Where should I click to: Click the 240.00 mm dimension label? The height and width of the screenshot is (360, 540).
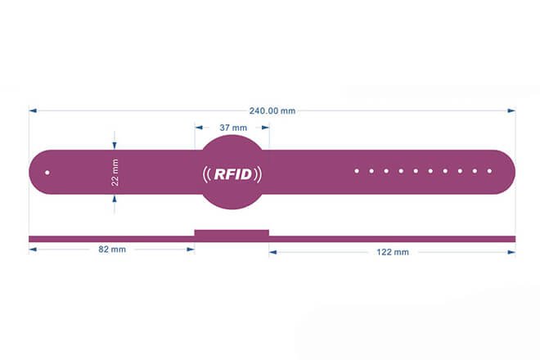click(272, 111)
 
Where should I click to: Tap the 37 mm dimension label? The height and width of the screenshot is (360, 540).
click(233, 128)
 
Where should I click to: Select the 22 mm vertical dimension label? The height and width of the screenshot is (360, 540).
click(115, 173)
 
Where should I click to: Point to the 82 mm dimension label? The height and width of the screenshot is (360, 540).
click(112, 250)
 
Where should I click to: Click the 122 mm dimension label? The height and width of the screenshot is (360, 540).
click(393, 252)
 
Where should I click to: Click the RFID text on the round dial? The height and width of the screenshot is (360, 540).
click(233, 174)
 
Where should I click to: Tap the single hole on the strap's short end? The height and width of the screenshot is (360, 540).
click(47, 173)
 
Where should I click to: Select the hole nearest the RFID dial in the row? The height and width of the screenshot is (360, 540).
click(357, 171)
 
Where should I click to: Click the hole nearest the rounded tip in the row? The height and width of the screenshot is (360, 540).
click(489, 171)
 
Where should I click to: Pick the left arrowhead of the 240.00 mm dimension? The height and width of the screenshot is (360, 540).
click(33, 110)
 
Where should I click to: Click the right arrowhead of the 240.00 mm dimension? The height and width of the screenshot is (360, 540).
click(511, 110)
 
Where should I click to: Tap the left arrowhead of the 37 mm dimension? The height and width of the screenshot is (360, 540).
click(199, 128)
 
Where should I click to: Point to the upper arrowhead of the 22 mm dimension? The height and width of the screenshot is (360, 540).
click(115, 145)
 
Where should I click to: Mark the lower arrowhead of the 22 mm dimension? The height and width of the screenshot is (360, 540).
click(115, 199)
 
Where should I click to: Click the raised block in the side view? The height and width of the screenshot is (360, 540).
click(232, 233)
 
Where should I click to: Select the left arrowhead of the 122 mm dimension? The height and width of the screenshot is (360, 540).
click(273, 252)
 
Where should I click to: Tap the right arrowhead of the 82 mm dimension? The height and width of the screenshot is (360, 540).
click(191, 250)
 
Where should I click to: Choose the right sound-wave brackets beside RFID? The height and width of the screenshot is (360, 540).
click(258, 174)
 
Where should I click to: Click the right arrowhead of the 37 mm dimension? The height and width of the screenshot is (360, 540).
click(265, 128)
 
